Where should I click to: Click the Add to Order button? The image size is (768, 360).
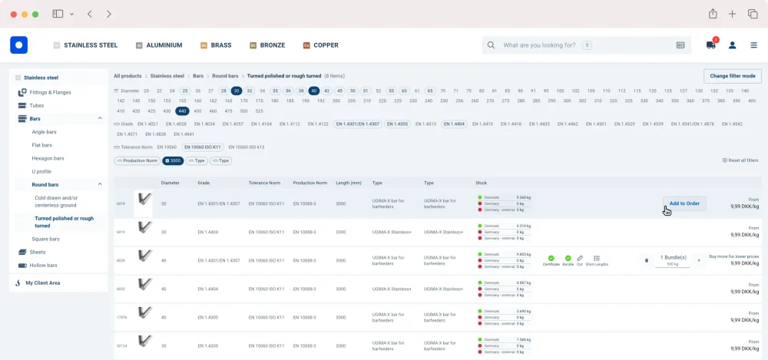point(684,203)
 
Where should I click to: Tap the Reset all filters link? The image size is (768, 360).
point(740,160)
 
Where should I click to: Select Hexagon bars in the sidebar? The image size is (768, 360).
point(48,158)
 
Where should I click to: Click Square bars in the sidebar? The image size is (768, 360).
point(45,239)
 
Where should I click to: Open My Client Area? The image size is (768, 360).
point(42,282)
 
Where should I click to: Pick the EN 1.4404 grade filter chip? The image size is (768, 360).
point(454,124)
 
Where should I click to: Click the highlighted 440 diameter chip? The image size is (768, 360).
point(182,111)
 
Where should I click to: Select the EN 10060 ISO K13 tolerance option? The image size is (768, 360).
point(246,147)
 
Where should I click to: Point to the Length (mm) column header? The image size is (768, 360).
point(348,183)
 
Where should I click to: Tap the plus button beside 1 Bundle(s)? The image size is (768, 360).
point(699,260)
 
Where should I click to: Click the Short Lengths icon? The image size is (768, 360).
point(597,259)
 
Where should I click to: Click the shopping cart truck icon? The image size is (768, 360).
point(711,45)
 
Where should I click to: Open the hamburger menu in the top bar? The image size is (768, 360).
point(753,45)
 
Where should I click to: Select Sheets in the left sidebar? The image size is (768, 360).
point(37,252)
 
